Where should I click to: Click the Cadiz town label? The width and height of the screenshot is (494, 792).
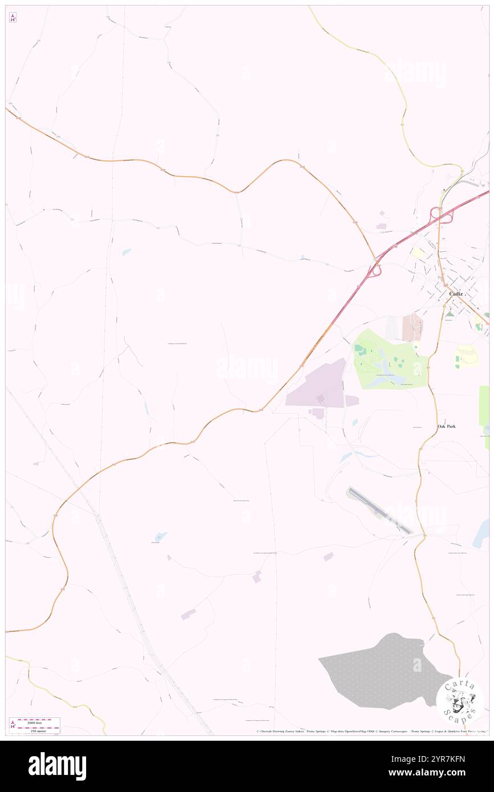456,293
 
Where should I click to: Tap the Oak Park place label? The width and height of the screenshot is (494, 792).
447,426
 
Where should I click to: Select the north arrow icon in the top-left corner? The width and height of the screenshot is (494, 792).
13,18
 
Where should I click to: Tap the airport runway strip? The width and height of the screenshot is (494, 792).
379,511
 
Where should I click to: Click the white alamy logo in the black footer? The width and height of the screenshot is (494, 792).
57,766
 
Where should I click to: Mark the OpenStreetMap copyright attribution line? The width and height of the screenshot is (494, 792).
371,732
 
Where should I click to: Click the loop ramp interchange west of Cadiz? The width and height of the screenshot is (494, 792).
375,271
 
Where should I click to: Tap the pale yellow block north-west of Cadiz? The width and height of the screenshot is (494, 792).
418,253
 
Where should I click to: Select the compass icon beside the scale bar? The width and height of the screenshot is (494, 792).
13,725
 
